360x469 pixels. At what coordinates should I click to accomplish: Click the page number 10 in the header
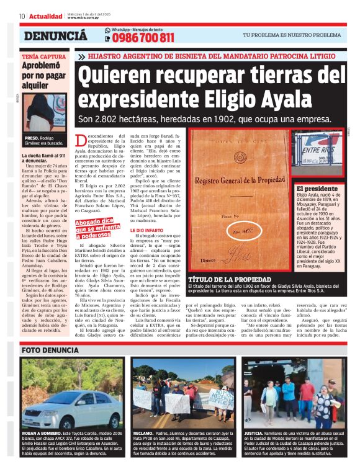click(x=22, y=16)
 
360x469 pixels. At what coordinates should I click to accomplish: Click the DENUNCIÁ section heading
click(x=55, y=36)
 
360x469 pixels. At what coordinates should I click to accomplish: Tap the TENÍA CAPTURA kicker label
click(x=43, y=56)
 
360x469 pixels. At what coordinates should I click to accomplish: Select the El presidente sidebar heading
click(x=317, y=189)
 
